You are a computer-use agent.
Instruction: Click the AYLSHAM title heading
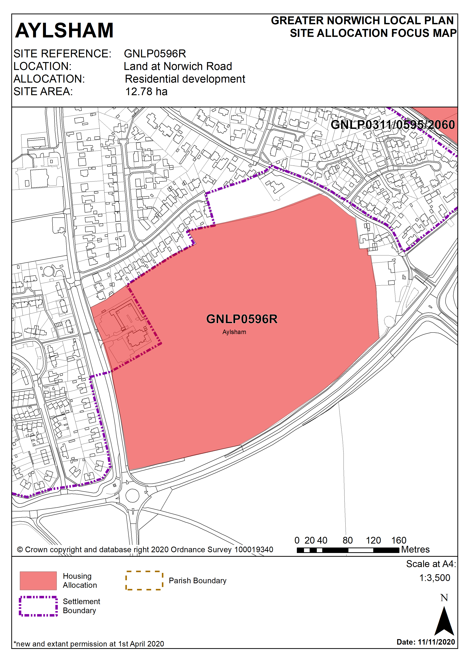click(64, 30)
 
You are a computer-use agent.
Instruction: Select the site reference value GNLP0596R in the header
click(155, 54)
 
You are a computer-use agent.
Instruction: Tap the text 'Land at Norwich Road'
click(178, 66)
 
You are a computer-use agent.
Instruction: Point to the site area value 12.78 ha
click(146, 92)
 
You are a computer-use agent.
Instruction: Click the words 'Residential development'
click(185, 79)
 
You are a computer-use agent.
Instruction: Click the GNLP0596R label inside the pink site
click(242, 319)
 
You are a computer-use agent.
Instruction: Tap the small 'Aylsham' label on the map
click(234, 332)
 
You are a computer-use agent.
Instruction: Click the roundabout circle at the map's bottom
click(132, 495)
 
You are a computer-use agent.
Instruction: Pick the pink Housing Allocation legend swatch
click(38, 581)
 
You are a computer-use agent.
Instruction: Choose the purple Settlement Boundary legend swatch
click(38, 606)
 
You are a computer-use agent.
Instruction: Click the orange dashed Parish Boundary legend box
click(144, 580)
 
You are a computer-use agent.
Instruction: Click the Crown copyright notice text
click(145, 550)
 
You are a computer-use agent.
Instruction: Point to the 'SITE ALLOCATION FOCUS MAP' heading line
click(373, 33)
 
